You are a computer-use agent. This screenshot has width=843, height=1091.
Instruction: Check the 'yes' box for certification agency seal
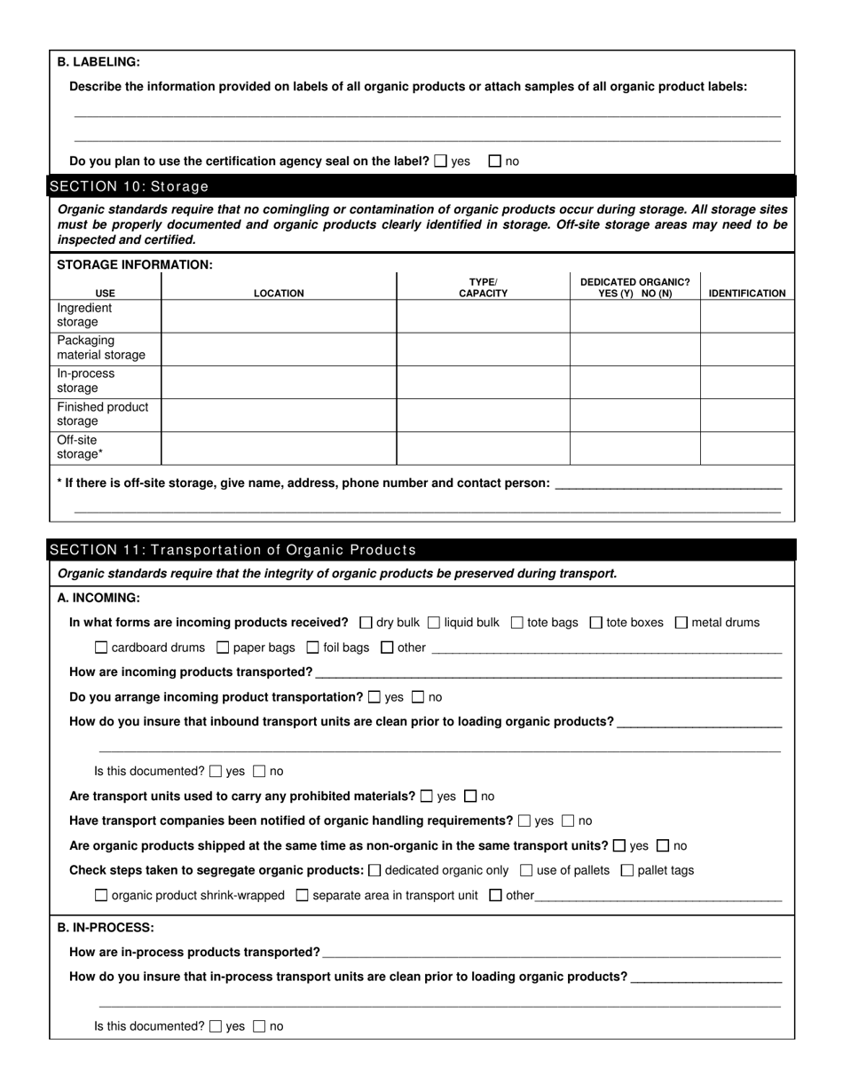[x=441, y=161]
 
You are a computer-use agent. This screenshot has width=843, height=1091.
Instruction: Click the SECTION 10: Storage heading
[x=130, y=186]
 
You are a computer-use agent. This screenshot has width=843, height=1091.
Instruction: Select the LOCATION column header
[x=279, y=294]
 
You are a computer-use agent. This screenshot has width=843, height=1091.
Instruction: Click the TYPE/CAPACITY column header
[x=483, y=287]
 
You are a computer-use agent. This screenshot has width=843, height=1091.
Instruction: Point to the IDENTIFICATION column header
[x=746, y=294]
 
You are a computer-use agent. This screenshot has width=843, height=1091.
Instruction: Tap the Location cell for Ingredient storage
[x=279, y=316]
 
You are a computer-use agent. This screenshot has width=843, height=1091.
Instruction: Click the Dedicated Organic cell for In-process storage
[x=634, y=381]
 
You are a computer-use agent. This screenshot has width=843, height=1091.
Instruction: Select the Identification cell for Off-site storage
[x=746, y=448]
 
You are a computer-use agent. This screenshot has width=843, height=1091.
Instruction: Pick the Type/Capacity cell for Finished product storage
[x=483, y=414]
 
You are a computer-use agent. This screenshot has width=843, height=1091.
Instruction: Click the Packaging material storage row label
[x=101, y=348]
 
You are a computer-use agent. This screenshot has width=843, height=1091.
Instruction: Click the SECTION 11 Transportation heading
[x=232, y=550]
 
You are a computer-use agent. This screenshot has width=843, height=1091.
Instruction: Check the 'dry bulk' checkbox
[x=366, y=623]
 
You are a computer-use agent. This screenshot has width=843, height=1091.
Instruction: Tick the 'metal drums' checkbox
[x=681, y=623]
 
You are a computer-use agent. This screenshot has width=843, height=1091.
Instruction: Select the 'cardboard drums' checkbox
[x=101, y=648]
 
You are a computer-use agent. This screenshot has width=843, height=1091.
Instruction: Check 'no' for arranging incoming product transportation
[x=418, y=697]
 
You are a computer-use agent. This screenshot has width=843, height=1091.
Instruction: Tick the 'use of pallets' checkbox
[x=526, y=870]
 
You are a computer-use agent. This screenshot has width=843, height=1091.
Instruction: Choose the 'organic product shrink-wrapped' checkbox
[x=101, y=895]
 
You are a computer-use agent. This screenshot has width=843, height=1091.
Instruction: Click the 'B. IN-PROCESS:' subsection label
[x=106, y=928]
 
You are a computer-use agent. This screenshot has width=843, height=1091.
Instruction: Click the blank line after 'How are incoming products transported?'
[x=548, y=674]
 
